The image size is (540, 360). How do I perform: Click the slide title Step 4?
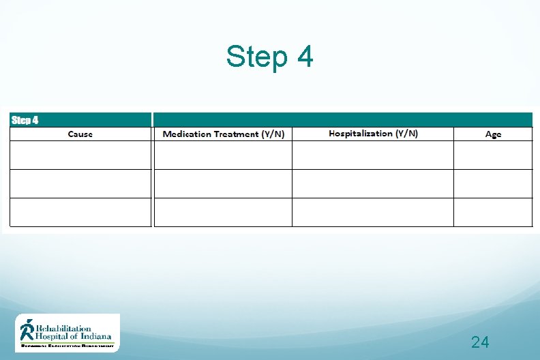point(269,57)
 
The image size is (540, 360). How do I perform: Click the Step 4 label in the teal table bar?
point(25,120)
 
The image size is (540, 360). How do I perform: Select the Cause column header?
point(80,134)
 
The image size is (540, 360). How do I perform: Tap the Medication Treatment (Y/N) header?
point(223,134)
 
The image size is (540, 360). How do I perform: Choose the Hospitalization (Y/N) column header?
point(373,134)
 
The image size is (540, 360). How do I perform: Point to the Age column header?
point(493,134)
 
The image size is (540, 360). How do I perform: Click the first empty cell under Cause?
point(80,155)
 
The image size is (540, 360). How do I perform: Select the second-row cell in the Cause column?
point(80,183)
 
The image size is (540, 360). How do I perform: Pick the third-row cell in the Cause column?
point(80,212)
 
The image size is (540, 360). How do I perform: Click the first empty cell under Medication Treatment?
point(223,155)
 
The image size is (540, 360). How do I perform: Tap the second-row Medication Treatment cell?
point(223,183)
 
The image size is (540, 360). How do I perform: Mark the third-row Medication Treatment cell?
point(223,212)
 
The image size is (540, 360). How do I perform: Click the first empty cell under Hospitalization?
point(373,155)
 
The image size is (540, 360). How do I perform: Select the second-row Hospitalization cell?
point(373,183)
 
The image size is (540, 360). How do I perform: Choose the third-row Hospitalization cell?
point(373,212)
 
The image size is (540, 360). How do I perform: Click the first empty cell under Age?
point(493,155)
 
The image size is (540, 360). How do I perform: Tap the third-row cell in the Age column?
point(493,212)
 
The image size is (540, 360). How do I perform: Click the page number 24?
point(480,342)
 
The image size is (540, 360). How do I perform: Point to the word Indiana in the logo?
point(97,336)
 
